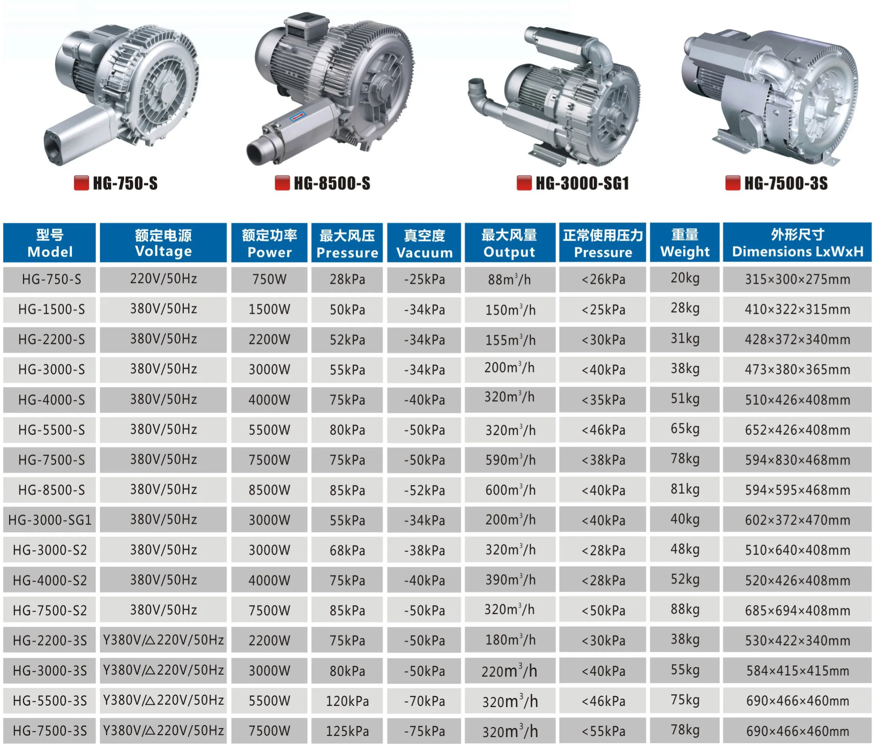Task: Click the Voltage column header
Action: (x=163, y=243)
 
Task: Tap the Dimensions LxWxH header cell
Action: (x=797, y=243)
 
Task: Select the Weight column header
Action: (x=685, y=243)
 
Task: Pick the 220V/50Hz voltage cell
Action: (x=163, y=279)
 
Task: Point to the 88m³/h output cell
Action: (x=510, y=279)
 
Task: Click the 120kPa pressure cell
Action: (x=347, y=701)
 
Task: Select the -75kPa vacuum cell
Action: (x=424, y=731)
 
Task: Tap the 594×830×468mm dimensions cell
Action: (x=797, y=460)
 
